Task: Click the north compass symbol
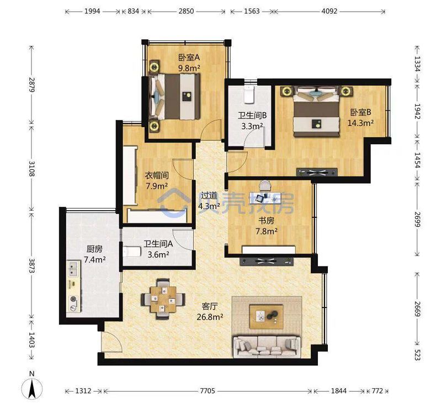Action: [33, 388]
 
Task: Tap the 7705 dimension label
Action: [207, 391]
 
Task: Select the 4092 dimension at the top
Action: [329, 11]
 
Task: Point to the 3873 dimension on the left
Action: [31, 265]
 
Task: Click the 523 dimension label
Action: [417, 354]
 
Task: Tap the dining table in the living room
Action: [163, 299]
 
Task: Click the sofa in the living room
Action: [267, 346]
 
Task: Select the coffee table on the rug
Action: [267, 317]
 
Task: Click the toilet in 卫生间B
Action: [249, 95]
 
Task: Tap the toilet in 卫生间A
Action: [132, 252]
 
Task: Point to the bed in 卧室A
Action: [174, 97]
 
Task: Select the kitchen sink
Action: [73, 269]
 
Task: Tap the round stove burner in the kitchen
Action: [73, 299]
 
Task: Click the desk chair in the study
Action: [265, 186]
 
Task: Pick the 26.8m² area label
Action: [210, 317]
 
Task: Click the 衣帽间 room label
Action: [157, 175]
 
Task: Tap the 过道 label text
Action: [209, 195]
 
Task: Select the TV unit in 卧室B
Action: [317, 172]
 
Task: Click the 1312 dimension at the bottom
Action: [83, 391]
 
